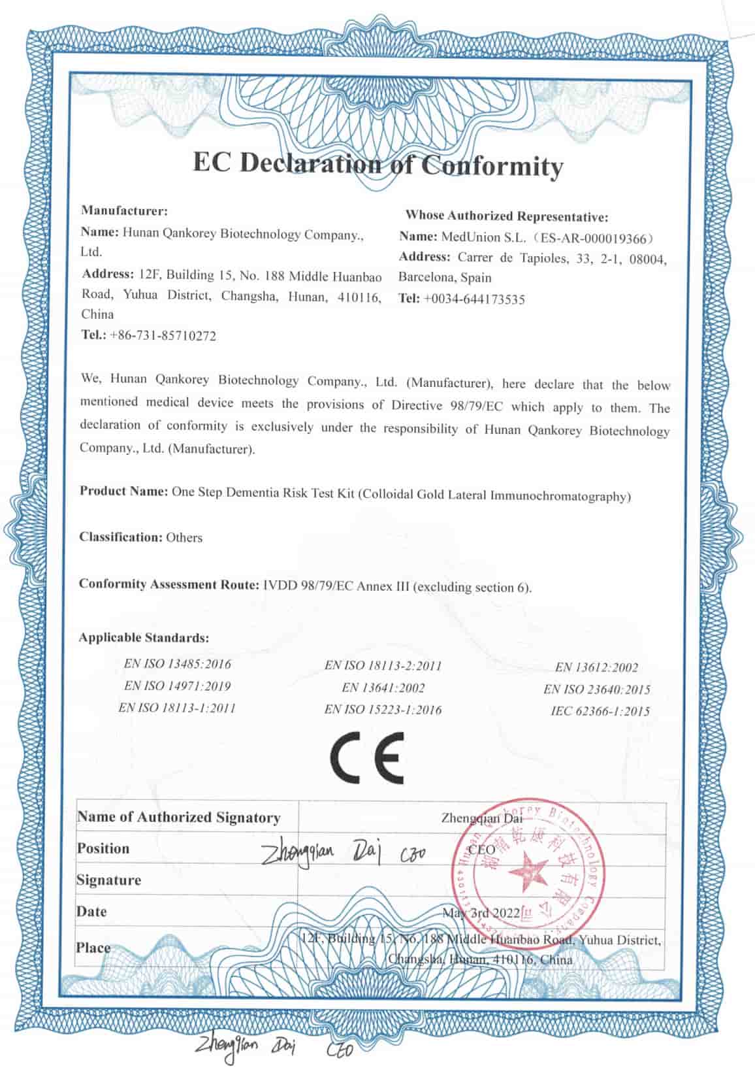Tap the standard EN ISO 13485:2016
(x=178, y=664)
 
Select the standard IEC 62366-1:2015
(x=600, y=711)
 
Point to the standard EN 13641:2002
(x=383, y=688)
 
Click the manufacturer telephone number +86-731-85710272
(x=163, y=336)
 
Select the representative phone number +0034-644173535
(x=474, y=300)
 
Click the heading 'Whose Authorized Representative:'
(x=507, y=215)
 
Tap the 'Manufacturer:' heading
(x=125, y=211)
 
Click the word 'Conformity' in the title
(x=491, y=166)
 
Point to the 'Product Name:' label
(x=123, y=491)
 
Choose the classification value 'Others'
(x=184, y=538)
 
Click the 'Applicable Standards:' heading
(x=144, y=637)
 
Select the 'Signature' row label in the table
(x=108, y=880)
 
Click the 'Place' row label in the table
(x=93, y=947)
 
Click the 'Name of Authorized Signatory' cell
(x=178, y=817)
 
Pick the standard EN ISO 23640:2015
(x=596, y=689)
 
